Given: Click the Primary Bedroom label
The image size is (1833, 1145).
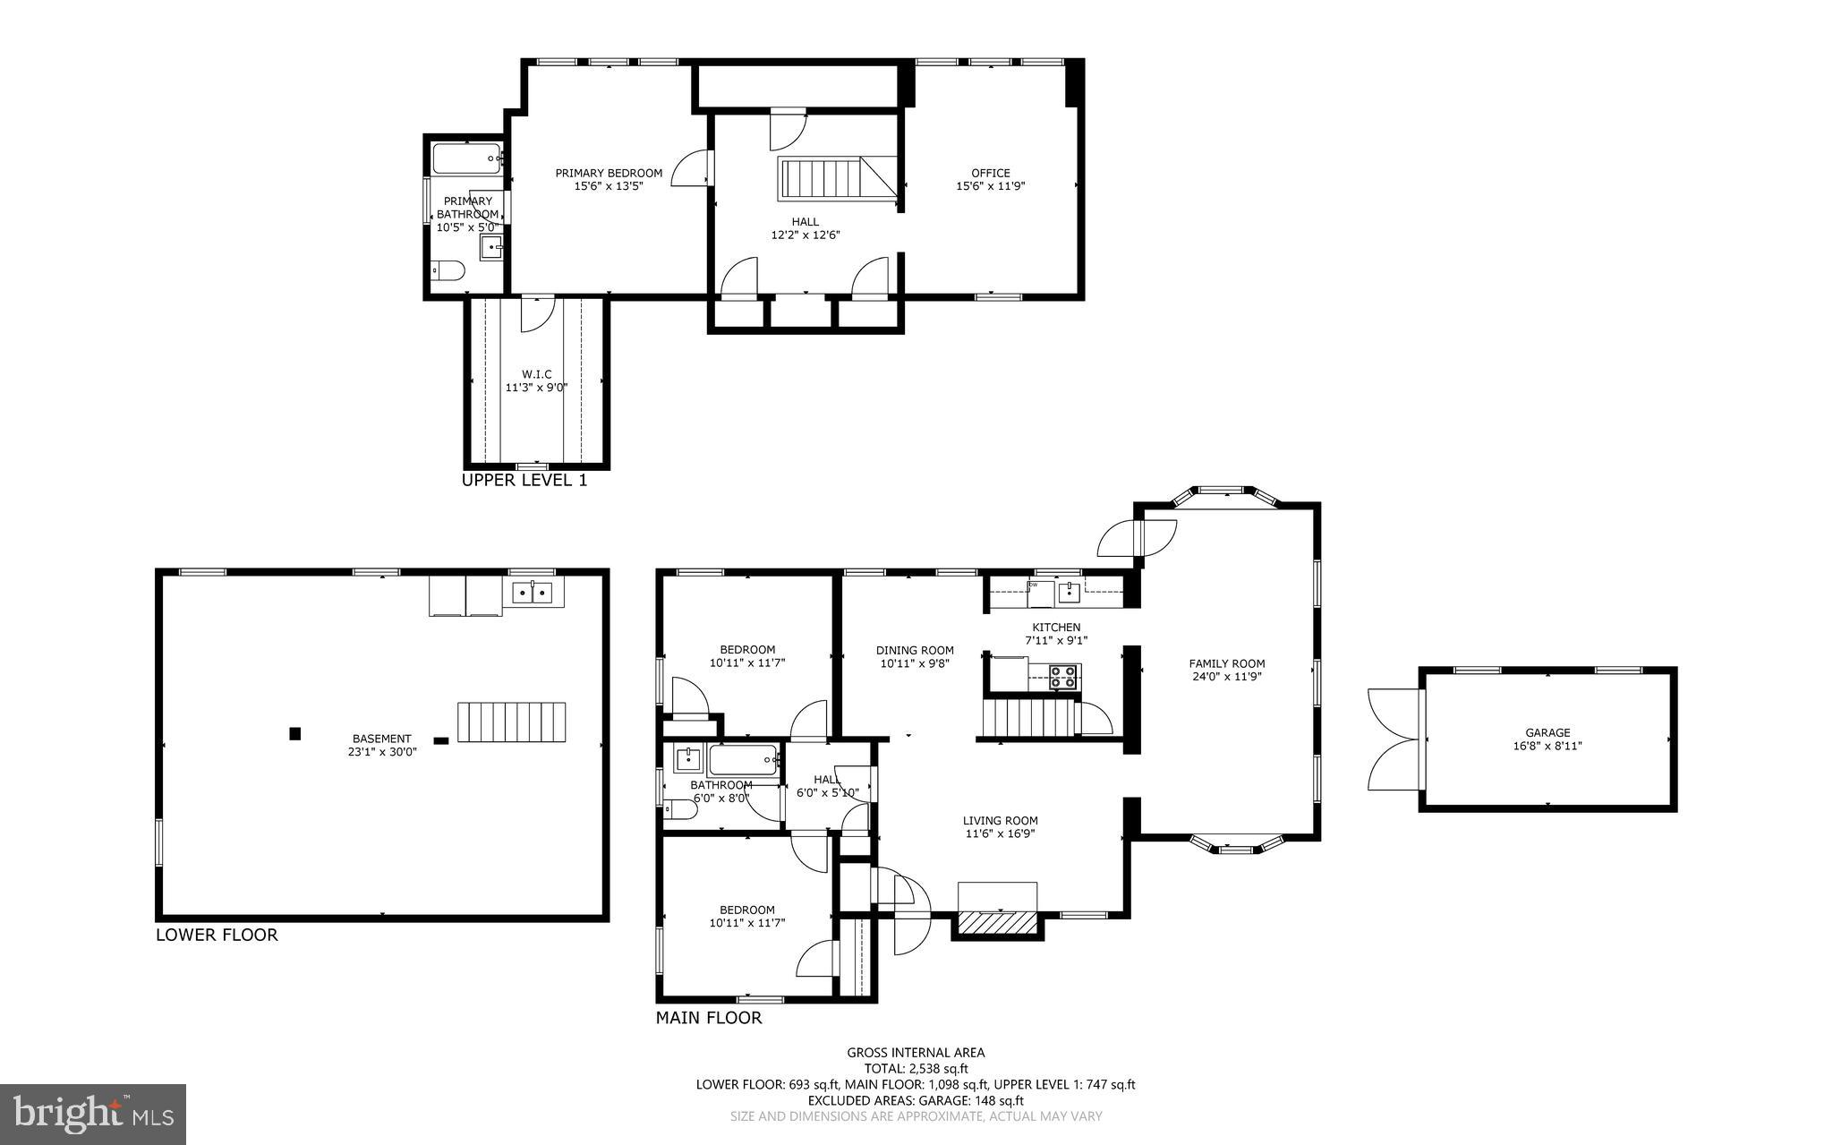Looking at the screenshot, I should (x=609, y=173).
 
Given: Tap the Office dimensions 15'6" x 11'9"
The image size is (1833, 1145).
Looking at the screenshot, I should (x=990, y=187).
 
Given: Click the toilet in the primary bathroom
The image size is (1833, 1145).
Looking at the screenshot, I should (x=448, y=269).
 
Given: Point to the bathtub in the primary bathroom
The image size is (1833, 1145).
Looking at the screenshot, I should (x=466, y=158).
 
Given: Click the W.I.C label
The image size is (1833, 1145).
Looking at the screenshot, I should (x=536, y=374).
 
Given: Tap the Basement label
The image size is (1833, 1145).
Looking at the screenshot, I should (x=382, y=739).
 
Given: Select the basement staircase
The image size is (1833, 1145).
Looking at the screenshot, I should (x=512, y=722).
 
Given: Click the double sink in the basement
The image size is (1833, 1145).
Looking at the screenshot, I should (x=533, y=592).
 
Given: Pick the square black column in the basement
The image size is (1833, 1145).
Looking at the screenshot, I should (x=294, y=734).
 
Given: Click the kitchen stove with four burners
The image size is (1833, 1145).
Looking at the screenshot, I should (x=1063, y=676).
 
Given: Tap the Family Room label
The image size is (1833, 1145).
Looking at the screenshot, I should (x=1226, y=663).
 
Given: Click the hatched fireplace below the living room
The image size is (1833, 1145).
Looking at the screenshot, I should (x=997, y=922).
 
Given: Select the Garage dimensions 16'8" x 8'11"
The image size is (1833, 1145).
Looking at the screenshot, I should (x=1547, y=745).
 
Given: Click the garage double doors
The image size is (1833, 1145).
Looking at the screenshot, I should (x=1394, y=739).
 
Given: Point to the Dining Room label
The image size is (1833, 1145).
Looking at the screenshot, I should (x=915, y=650).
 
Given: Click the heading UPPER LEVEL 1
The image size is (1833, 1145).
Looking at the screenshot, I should (x=524, y=480).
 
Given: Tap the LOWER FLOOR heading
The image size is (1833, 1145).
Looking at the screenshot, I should (x=217, y=935).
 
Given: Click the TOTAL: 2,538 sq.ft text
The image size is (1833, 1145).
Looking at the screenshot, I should (x=916, y=1068).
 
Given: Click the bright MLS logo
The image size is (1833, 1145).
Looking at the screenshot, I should (x=93, y=1114).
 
